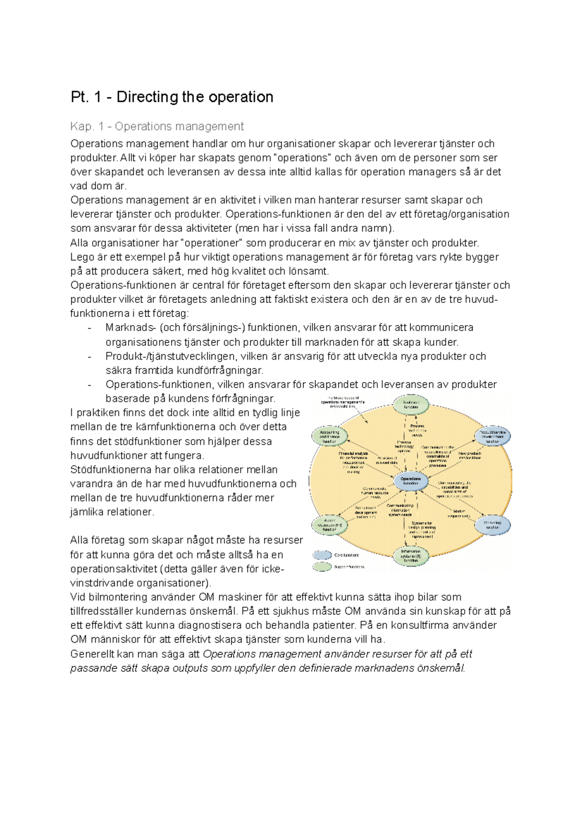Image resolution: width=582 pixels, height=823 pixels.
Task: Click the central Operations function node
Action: [411, 481]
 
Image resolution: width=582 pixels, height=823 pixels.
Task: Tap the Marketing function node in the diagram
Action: [492, 524]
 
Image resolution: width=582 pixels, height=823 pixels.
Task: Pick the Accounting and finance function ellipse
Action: [330, 436]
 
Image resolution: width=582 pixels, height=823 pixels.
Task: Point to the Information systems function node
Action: [411, 556]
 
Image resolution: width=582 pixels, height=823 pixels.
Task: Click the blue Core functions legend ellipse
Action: [322, 555]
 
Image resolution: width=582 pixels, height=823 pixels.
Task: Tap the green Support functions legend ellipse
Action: [322, 567]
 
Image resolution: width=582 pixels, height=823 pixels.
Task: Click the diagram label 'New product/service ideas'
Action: [469, 456]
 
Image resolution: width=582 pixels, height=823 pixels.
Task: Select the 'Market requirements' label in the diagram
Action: [459, 513]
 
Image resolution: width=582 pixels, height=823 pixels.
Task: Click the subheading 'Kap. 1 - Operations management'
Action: [157, 127]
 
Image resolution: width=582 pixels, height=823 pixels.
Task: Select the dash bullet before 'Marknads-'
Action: [90, 328]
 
